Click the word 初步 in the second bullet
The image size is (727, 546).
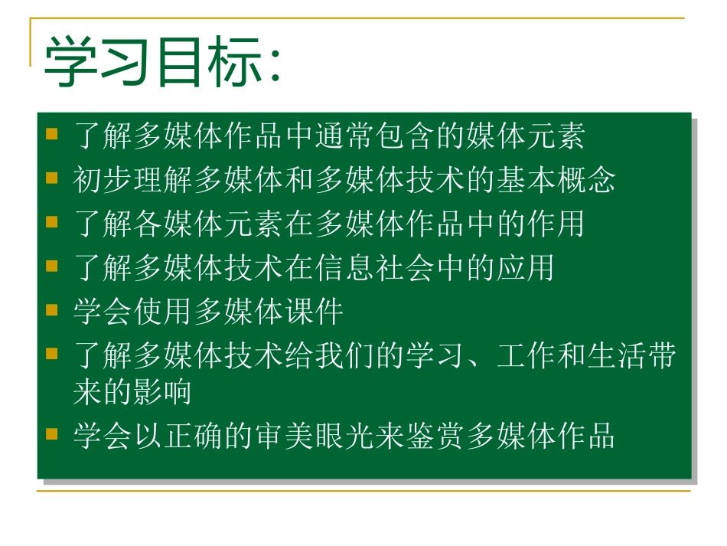(103, 181)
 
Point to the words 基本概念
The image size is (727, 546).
(556, 181)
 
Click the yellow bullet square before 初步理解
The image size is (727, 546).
(52, 179)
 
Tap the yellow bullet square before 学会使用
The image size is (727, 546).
(52, 310)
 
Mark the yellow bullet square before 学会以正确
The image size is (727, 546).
(52, 434)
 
